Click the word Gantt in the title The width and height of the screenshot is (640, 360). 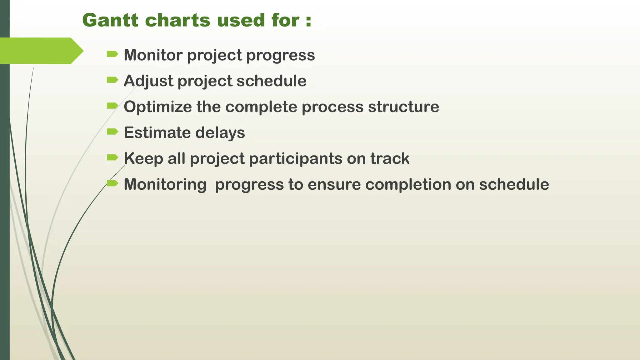point(110,20)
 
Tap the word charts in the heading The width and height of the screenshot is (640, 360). point(178,20)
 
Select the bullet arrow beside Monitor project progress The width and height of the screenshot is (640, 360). point(112,54)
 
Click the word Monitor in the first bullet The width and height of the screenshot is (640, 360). point(153,55)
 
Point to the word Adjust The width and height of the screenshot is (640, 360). point(148,81)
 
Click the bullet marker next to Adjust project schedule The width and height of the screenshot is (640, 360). point(112,80)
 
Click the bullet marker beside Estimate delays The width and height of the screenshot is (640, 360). point(112,132)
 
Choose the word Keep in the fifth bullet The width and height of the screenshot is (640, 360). point(143,158)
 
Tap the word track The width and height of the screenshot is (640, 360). point(390,158)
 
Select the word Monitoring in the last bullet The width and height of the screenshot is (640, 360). point(165,184)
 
